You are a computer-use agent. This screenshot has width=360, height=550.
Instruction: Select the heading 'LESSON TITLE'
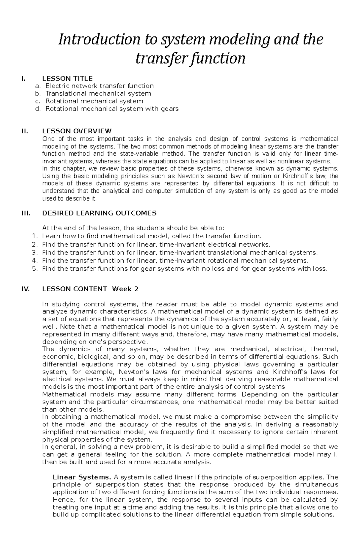[67, 79]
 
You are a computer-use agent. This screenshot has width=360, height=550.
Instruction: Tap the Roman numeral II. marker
[24, 131]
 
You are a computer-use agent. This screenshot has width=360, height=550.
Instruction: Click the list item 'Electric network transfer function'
[100, 86]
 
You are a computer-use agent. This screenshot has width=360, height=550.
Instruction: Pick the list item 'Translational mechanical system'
[98, 94]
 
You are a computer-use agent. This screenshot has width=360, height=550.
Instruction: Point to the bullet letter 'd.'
[37, 109]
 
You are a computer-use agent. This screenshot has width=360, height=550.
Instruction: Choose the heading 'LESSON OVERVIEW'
[77, 131]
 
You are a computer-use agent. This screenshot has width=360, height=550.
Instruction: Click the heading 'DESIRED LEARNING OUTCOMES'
[99, 213]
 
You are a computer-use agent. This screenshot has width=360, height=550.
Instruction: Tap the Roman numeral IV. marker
[25, 289]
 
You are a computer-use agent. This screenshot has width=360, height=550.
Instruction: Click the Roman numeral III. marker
[25, 213]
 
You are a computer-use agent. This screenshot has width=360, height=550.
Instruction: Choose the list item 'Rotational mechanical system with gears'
[112, 109]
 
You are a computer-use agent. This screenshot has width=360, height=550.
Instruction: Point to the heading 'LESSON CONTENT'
[74, 289]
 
